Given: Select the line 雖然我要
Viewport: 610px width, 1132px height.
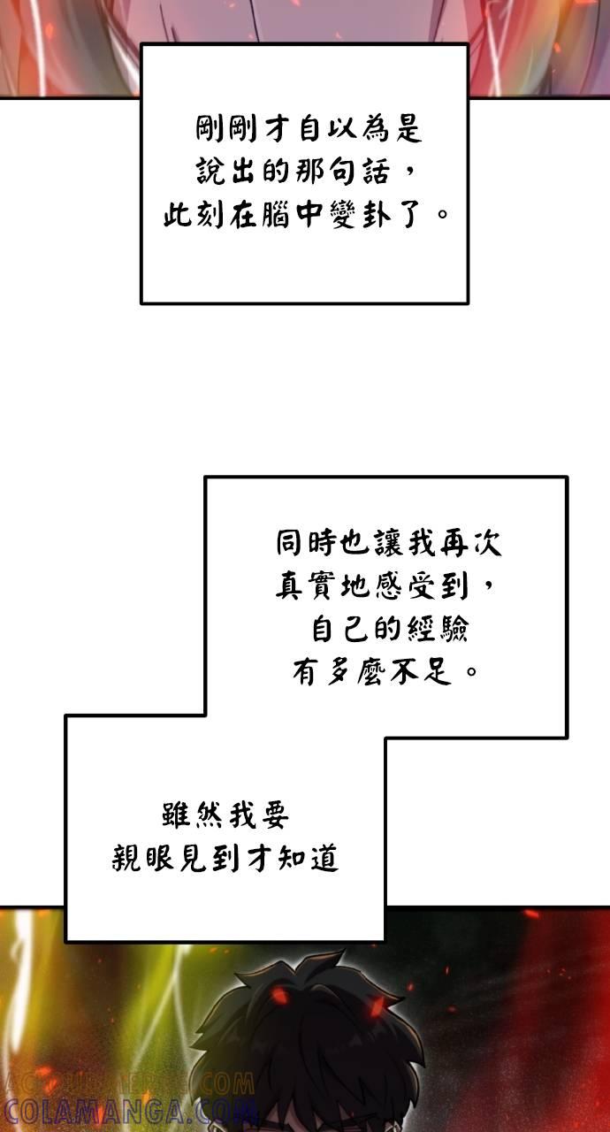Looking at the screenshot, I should (x=225, y=815).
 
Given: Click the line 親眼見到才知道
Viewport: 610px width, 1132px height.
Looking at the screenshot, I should (x=225, y=858).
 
